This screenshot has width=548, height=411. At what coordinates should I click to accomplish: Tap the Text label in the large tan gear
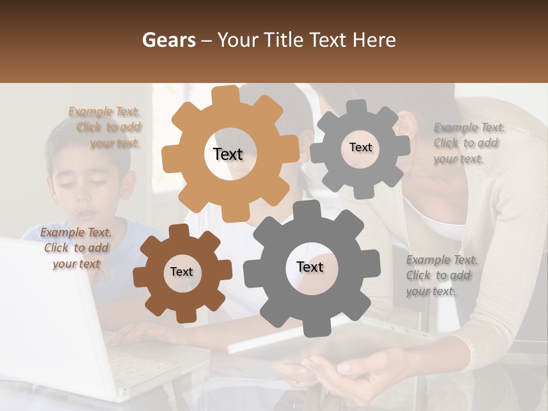[228, 154]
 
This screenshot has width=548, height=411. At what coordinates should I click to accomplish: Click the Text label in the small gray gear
[360, 147]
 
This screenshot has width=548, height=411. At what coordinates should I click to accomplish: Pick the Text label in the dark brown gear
[182, 272]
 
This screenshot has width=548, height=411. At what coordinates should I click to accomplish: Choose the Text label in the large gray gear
[310, 267]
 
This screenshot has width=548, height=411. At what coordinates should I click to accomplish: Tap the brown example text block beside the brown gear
[75, 248]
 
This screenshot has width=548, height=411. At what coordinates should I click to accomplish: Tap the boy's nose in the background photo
[86, 196]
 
